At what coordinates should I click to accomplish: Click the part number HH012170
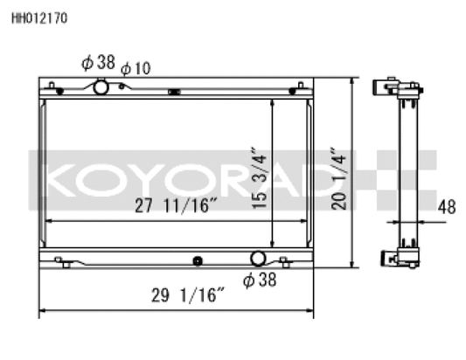click(x=38, y=16)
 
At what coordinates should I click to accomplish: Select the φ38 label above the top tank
click(x=99, y=63)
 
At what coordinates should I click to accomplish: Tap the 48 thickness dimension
click(x=446, y=208)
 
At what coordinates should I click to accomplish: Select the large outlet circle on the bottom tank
click(x=259, y=259)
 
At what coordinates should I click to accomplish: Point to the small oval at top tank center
click(x=174, y=91)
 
